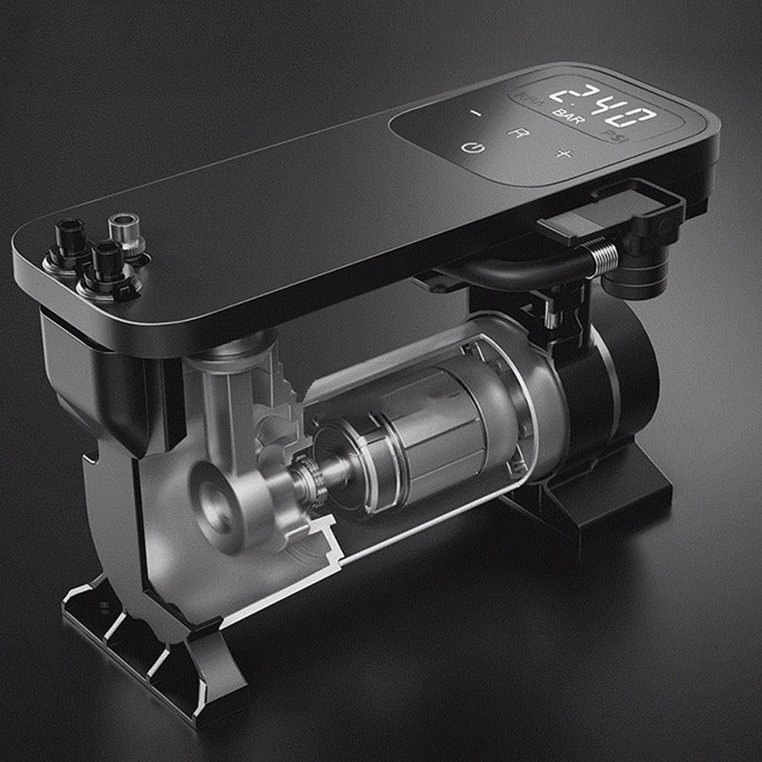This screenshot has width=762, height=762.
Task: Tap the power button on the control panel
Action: pos(468,148)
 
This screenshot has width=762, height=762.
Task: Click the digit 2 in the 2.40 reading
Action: pos(560,91)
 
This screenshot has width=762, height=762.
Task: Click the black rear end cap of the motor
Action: pos(610,373)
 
